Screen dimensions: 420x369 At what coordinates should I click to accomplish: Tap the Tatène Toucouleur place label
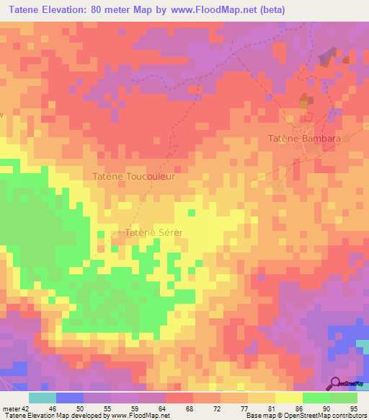pos(135,175)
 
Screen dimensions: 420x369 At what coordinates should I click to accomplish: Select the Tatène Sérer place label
pos(154,232)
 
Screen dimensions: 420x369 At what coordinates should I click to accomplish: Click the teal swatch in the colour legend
pos(42,398)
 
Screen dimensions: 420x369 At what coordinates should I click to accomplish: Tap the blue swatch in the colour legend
pos(69,398)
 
